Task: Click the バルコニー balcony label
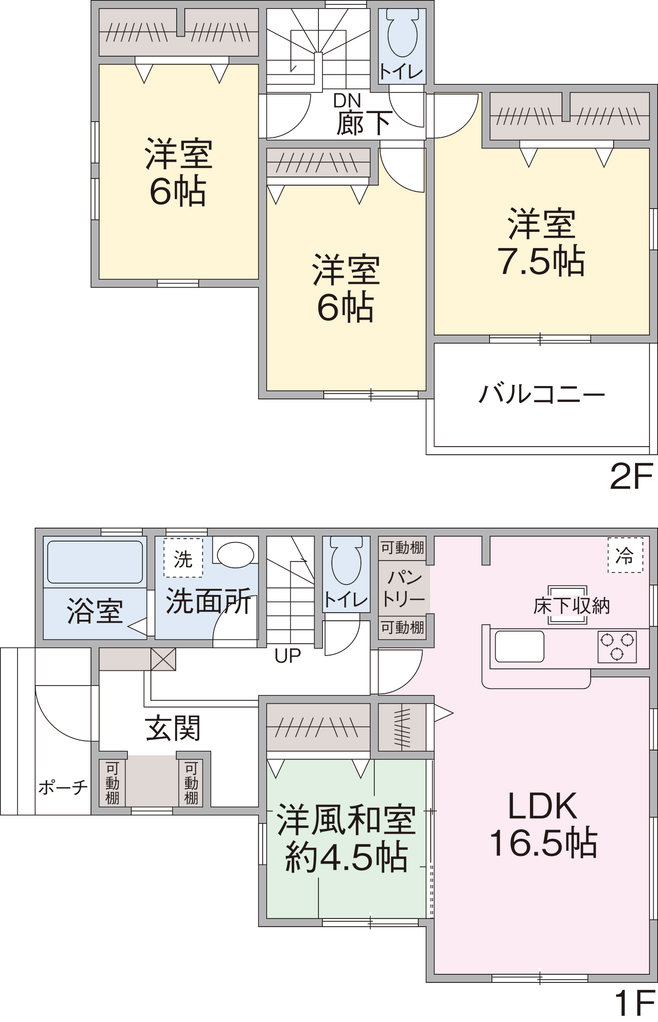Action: pos(541,394)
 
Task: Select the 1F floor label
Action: pos(634,1003)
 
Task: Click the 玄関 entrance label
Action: pos(173,728)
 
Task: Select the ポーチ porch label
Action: pos(63,787)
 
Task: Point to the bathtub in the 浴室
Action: pos(95,562)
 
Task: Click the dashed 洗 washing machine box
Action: pos(183,558)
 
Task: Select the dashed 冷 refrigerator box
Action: pos(625,555)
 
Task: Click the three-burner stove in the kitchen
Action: pos(617,647)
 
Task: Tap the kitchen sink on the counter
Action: pos(519,646)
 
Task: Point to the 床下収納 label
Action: pos(572,606)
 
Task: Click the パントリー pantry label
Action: pos(403,588)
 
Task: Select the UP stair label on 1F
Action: pos(287,656)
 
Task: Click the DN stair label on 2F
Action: pos(347,100)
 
